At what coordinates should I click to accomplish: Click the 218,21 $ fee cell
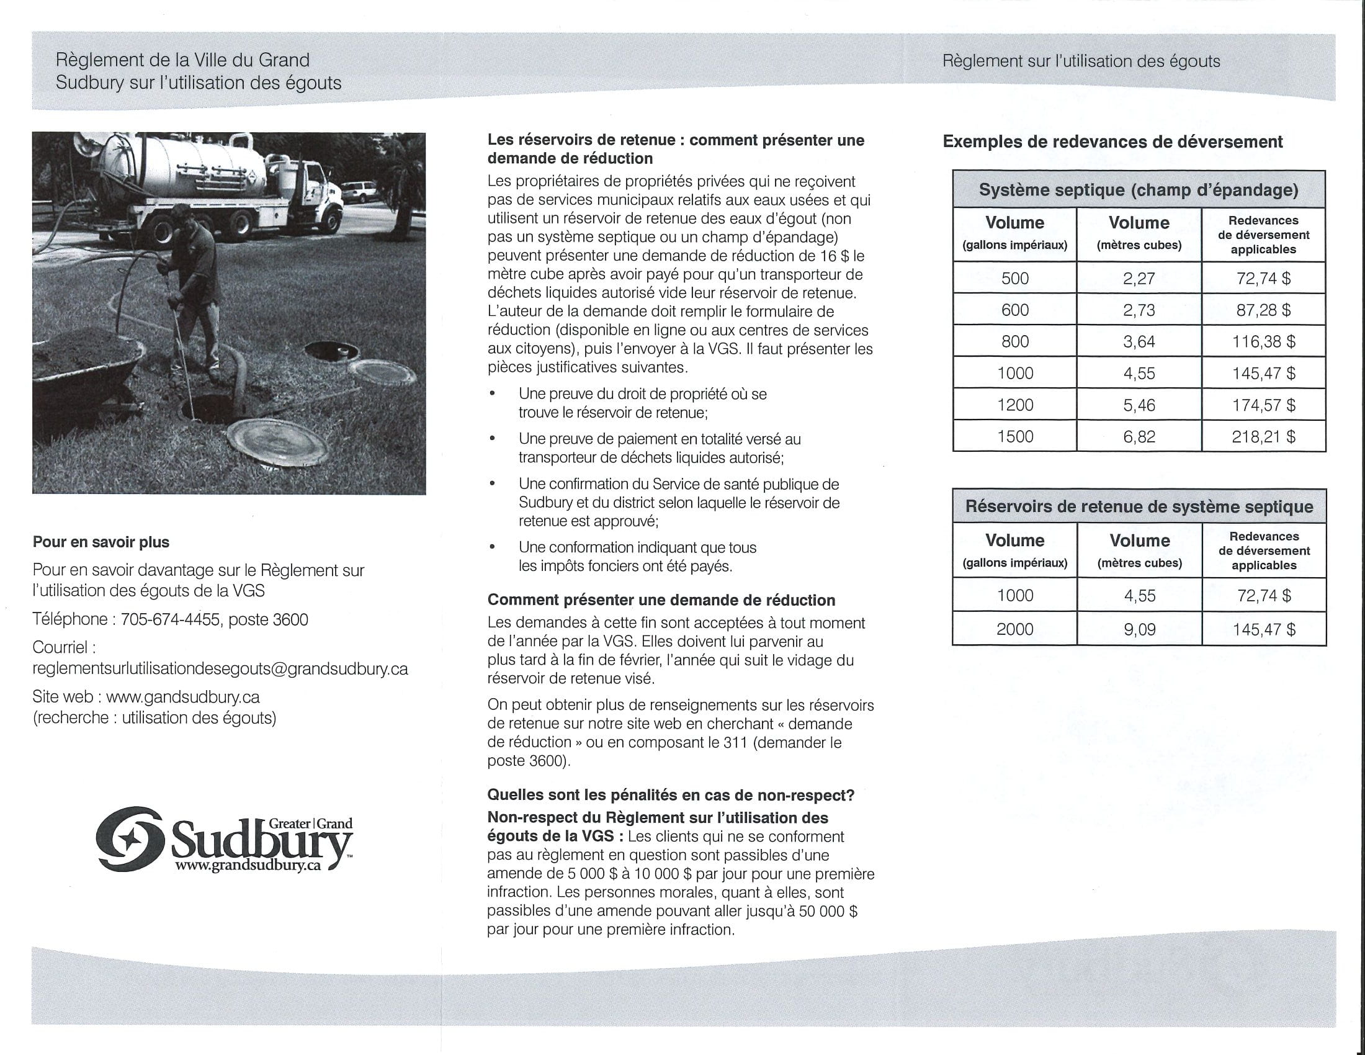click(1263, 436)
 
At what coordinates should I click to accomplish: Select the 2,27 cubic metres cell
click(1139, 278)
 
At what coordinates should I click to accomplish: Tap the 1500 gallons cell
click(1015, 436)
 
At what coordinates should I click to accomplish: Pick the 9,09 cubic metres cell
click(1139, 629)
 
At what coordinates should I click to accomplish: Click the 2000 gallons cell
click(1015, 629)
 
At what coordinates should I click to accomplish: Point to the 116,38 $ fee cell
click(1263, 341)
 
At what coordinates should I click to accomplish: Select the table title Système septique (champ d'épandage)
click(1138, 190)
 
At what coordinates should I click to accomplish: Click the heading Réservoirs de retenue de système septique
click(1139, 506)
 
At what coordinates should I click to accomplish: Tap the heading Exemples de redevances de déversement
click(1112, 142)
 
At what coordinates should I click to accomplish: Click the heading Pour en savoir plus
click(101, 542)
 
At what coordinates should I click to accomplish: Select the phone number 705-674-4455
click(170, 619)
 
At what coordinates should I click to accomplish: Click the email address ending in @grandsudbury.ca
click(220, 669)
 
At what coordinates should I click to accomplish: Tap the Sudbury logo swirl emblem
click(130, 839)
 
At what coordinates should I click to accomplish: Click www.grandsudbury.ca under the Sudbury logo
click(248, 866)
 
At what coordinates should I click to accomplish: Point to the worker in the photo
click(190, 275)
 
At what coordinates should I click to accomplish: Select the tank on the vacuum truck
click(181, 163)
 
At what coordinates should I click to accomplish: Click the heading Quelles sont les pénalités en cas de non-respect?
click(671, 795)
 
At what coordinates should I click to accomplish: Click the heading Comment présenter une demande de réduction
click(661, 600)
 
